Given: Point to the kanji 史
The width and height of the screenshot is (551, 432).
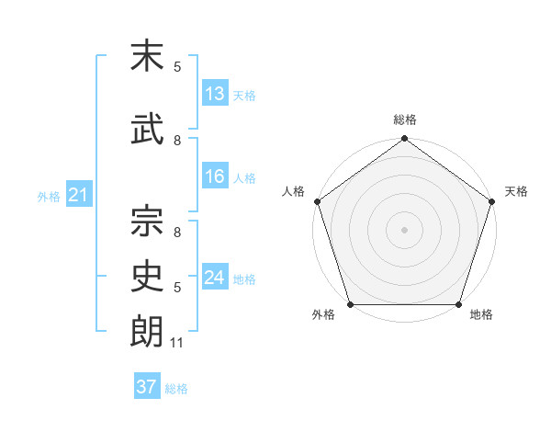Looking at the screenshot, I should (147, 276).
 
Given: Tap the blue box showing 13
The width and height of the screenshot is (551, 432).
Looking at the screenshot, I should (215, 94).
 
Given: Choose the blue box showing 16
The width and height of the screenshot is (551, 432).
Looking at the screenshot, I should (215, 177).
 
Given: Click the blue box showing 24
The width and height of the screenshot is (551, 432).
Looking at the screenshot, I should (215, 278).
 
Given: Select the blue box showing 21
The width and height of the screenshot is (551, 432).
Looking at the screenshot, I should (78, 196).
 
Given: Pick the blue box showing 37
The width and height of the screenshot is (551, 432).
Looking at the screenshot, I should (147, 387).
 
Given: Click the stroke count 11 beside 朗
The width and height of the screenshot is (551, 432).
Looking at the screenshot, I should (177, 344).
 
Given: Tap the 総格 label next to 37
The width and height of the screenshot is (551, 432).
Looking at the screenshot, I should (176, 389).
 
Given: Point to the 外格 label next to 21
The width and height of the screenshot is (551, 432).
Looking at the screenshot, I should (49, 197).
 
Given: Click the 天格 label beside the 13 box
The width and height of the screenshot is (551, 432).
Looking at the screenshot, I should (244, 96).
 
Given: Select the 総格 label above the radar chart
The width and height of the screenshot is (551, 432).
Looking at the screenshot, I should (404, 119).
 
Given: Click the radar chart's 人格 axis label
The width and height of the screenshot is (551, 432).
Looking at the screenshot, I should (293, 191).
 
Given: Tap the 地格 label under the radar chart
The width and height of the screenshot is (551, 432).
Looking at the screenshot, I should (481, 315).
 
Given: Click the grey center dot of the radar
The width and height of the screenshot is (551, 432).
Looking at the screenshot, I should (404, 230).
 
